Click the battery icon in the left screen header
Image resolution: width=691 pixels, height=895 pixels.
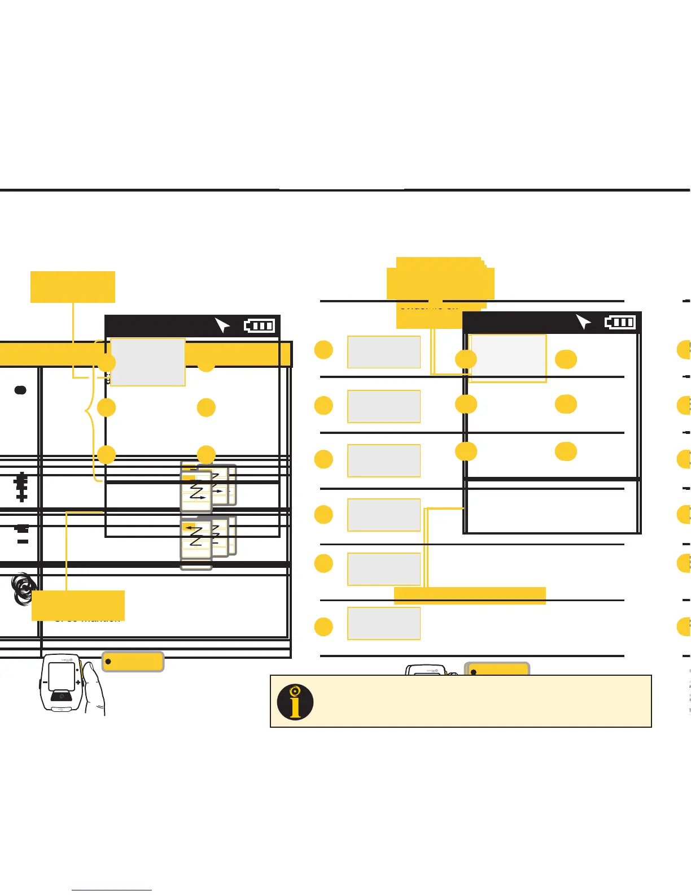[x=259, y=326]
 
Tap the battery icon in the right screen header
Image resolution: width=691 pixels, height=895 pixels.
[x=620, y=322]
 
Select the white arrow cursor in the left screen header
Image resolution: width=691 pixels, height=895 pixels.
[x=222, y=325]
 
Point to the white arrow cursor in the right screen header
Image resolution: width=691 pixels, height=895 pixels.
[x=583, y=321]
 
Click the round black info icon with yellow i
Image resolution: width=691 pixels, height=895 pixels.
[x=295, y=702]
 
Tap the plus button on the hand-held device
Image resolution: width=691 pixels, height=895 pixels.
[x=78, y=683]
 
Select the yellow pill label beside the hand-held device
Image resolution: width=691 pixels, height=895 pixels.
[x=133, y=662]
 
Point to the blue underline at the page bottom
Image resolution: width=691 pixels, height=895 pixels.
[x=112, y=890]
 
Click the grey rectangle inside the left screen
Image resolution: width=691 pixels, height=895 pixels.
[x=148, y=362]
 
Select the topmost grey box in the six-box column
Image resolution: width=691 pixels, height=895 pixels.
[x=384, y=352]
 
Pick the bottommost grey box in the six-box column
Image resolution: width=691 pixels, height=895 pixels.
[x=384, y=623]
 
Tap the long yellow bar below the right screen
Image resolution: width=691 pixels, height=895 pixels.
[x=470, y=596]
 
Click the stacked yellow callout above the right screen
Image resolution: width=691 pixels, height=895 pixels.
[x=440, y=283]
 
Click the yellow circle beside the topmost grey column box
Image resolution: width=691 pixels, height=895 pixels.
[x=323, y=350]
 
